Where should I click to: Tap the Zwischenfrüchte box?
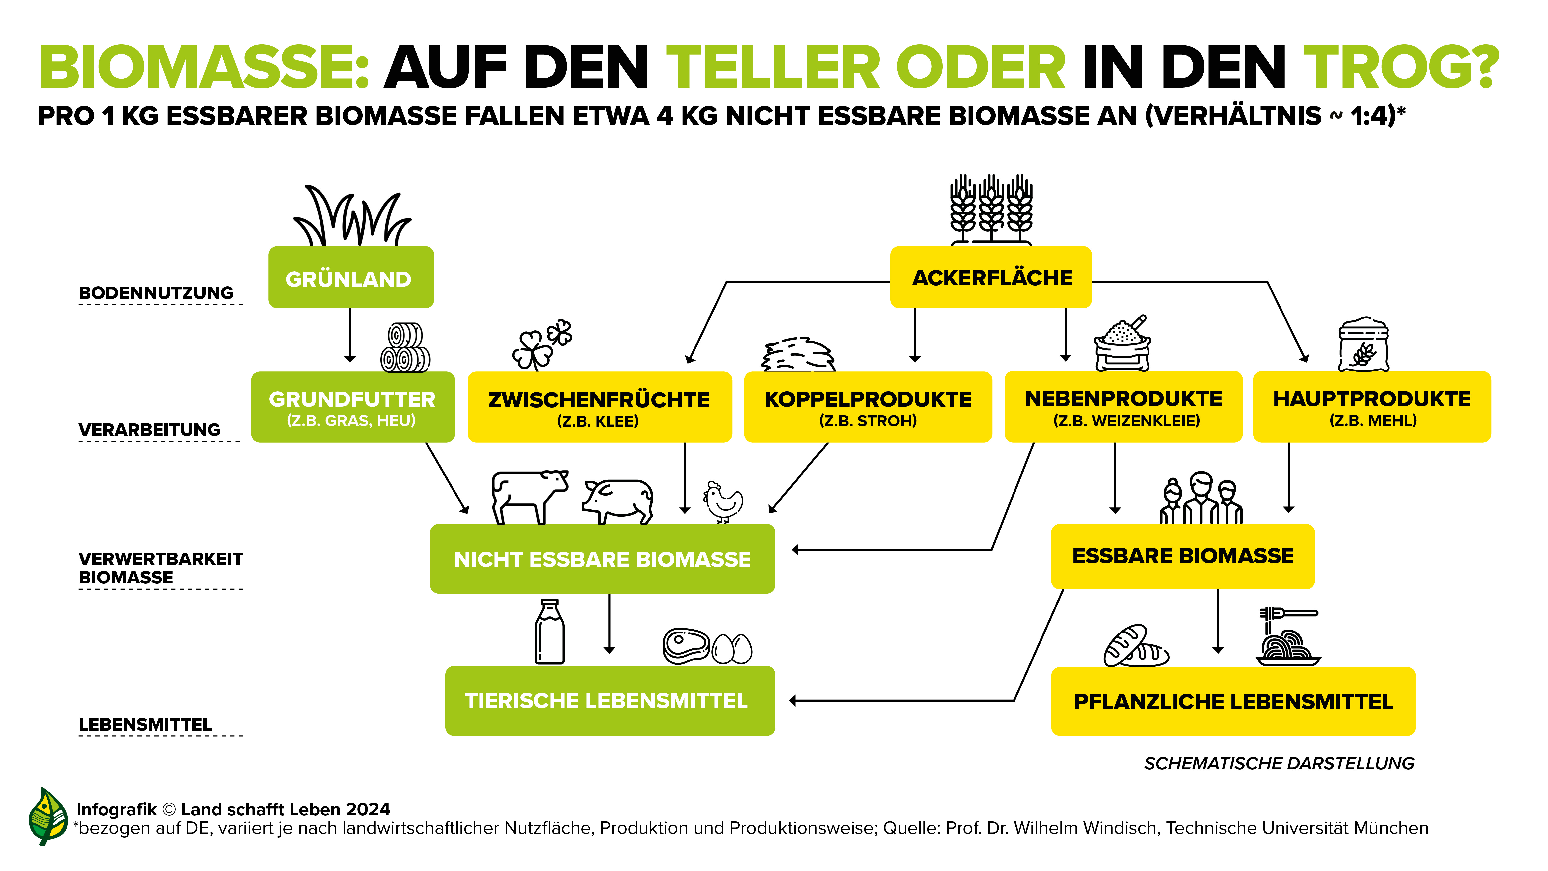click(599, 407)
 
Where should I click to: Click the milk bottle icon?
click(549, 632)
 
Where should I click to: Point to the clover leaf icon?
click(541, 343)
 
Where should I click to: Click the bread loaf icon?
click(1135, 646)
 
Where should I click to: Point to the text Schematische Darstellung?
click(1279, 764)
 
